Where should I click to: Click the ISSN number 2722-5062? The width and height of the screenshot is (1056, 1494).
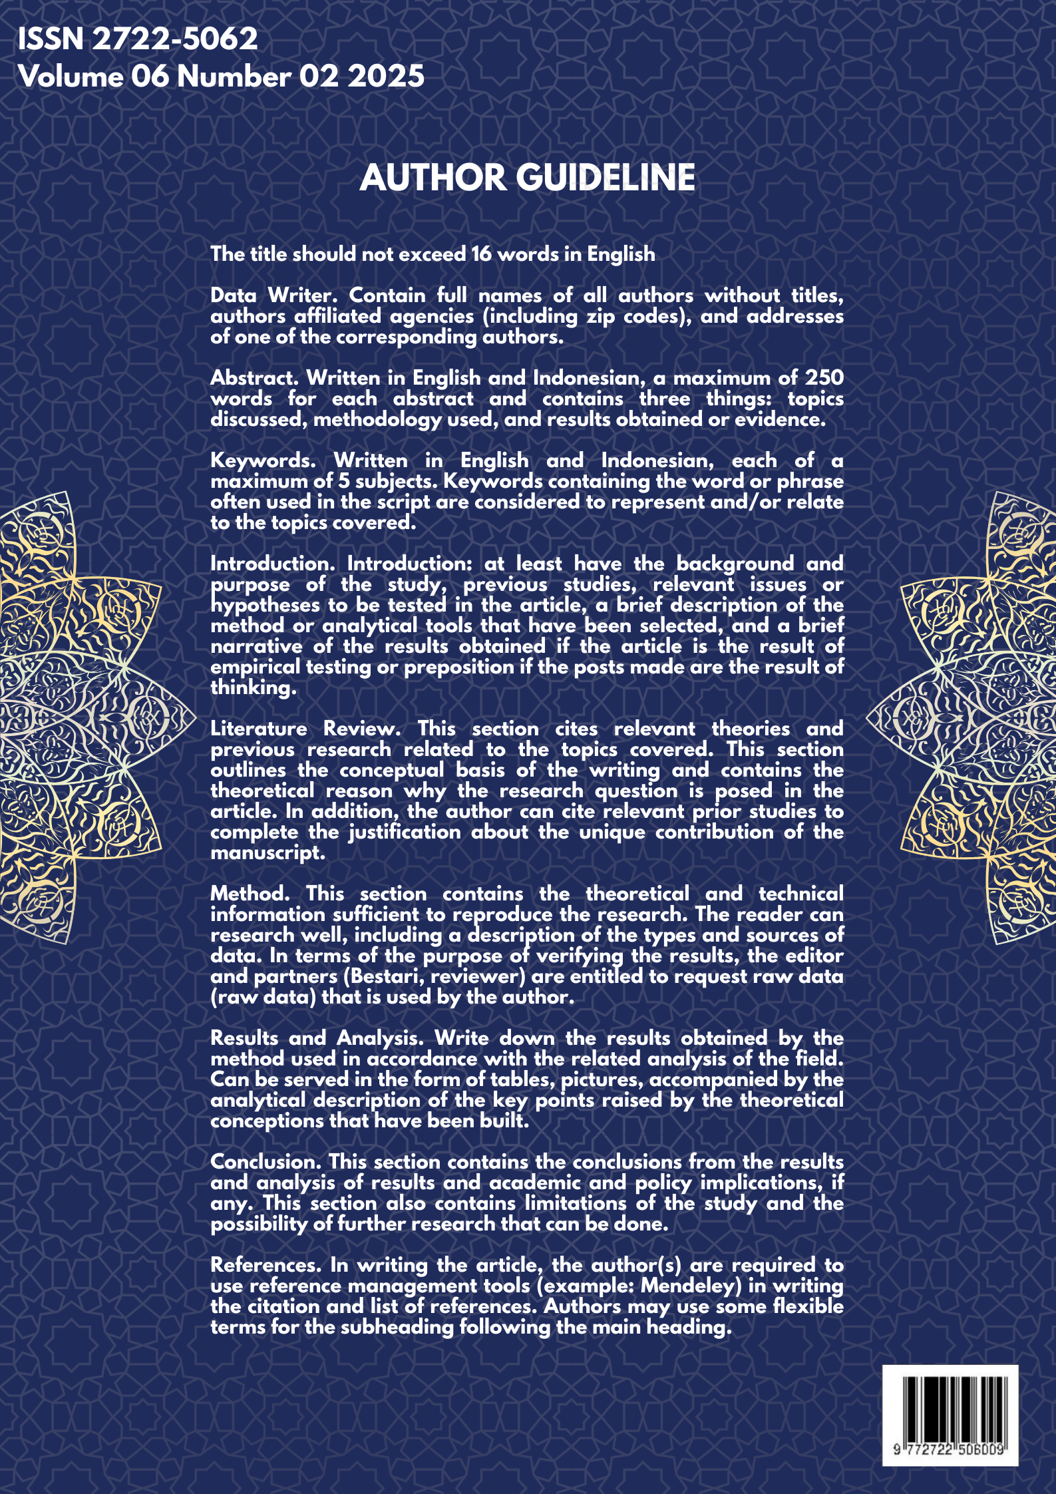click(x=174, y=39)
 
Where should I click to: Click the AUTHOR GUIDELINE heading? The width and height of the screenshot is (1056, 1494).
click(x=527, y=178)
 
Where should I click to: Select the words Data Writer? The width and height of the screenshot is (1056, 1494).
click(x=272, y=295)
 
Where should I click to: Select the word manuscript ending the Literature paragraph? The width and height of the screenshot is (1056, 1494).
click(x=267, y=852)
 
